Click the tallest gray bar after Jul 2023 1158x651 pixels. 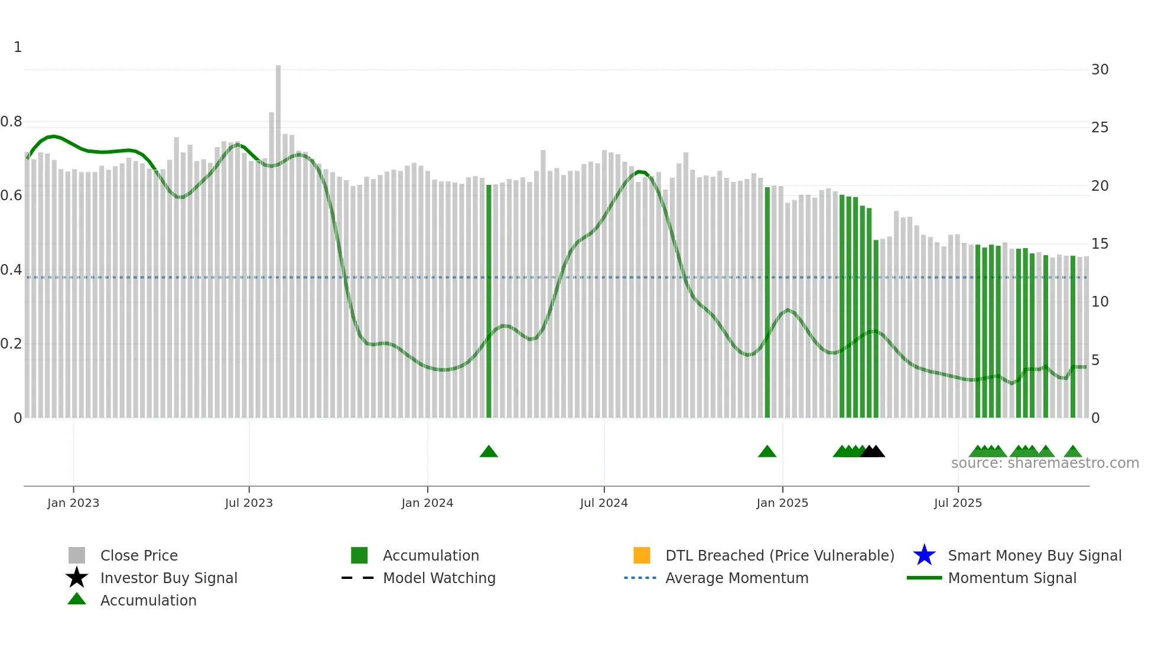click(278, 236)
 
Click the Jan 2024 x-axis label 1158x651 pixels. click(427, 503)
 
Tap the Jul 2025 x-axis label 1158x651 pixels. click(958, 503)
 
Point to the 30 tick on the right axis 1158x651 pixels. click(1100, 70)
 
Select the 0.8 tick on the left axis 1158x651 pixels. click(12, 122)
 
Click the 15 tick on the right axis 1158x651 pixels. click(1100, 244)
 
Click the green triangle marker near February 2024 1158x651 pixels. click(489, 452)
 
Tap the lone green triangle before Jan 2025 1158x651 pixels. click(767, 452)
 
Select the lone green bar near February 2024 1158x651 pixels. click(489, 301)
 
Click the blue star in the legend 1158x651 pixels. click(924, 555)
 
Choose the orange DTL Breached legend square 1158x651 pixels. click(642, 555)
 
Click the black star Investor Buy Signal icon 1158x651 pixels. click(77, 578)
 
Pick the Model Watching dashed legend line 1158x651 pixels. click(358, 578)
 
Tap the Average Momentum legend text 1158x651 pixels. click(737, 578)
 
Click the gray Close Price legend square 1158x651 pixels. click(77, 555)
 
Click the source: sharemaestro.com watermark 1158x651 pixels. click(1045, 463)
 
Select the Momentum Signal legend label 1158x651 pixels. click(1012, 578)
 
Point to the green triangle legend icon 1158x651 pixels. click(77, 599)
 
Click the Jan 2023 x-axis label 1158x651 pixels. click(73, 503)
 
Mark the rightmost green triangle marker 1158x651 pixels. click(1073, 452)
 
